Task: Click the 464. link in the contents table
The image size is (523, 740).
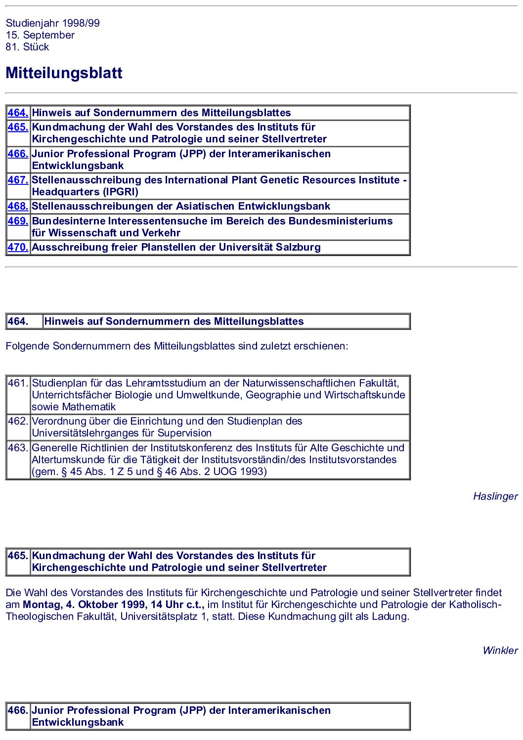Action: pyautogui.click(x=18, y=113)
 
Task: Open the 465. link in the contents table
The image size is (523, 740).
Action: pyautogui.click(x=18, y=128)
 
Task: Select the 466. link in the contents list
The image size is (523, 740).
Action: pyautogui.click(x=18, y=154)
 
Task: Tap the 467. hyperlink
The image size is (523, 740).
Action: pyautogui.click(x=18, y=180)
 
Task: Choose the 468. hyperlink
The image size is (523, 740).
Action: pyautogui.click(x=18, y=207)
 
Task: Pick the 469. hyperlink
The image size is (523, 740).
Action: pyautogui.click(x=18, y=221)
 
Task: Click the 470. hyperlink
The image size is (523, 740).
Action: pyautogui.click(x=18, y=248)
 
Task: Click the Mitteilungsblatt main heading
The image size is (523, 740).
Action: pyautogui.click(x=64, y=73)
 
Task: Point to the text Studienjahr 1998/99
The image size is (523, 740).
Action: pyautogui.click(x=52, y=23)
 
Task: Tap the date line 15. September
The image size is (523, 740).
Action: pyautogui.click(x=40, y=35)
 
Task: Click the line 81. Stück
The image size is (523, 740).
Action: pyautogui.click(x=27, y=47)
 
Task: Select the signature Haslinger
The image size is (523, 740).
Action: pyautogui.click(x=495, y=496)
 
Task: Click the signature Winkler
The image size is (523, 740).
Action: pyautogui.click(x=500, y=651)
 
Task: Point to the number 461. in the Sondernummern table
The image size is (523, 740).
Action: pyautogui.click(x=18, y=383)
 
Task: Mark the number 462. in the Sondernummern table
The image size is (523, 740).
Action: pyautogui.click(x=18, y=421)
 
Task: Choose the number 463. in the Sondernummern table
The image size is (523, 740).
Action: pyautogui.click(x=18, y=448)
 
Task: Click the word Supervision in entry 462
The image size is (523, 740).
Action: pyautogui.click(x=184, y=433)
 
